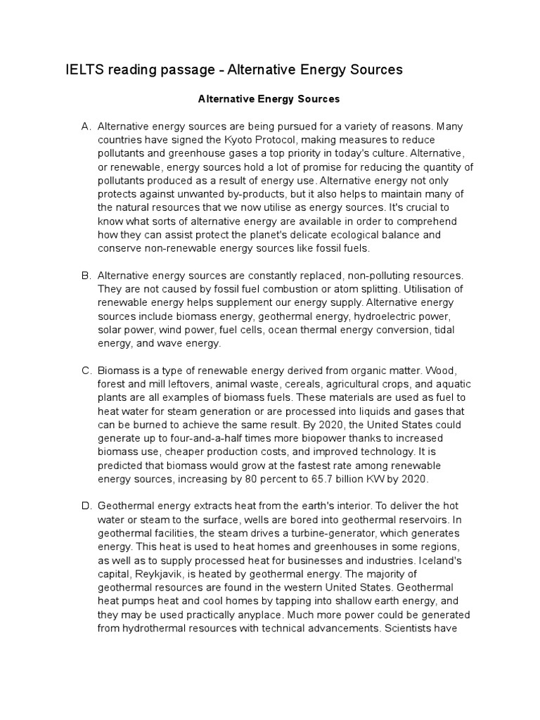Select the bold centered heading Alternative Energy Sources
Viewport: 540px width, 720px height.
pyautogui.click(x=269, y=99)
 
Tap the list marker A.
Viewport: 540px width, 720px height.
pyautogui.click(x=86, y=127)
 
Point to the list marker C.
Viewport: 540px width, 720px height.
pyautogui.click(x=86, y=370)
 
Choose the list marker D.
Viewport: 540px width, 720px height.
pyautogui.click(x=86, y=506)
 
